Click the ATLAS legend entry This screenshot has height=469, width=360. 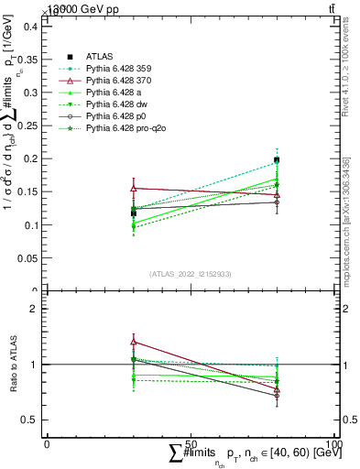click(x=99, y=56)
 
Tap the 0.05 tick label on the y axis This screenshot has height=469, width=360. click(x=27, y=258)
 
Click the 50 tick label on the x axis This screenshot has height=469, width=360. click(x=191, y=442)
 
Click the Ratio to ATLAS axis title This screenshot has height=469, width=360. click(x=11, y=365)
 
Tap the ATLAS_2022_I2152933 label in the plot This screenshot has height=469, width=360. click(x=191, y=274)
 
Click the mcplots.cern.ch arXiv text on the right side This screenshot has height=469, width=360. click(x=346, y=220)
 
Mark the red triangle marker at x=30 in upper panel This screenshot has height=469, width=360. click(x=134, y=188)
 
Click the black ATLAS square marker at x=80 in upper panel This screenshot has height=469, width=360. click(x=277, y=159)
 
